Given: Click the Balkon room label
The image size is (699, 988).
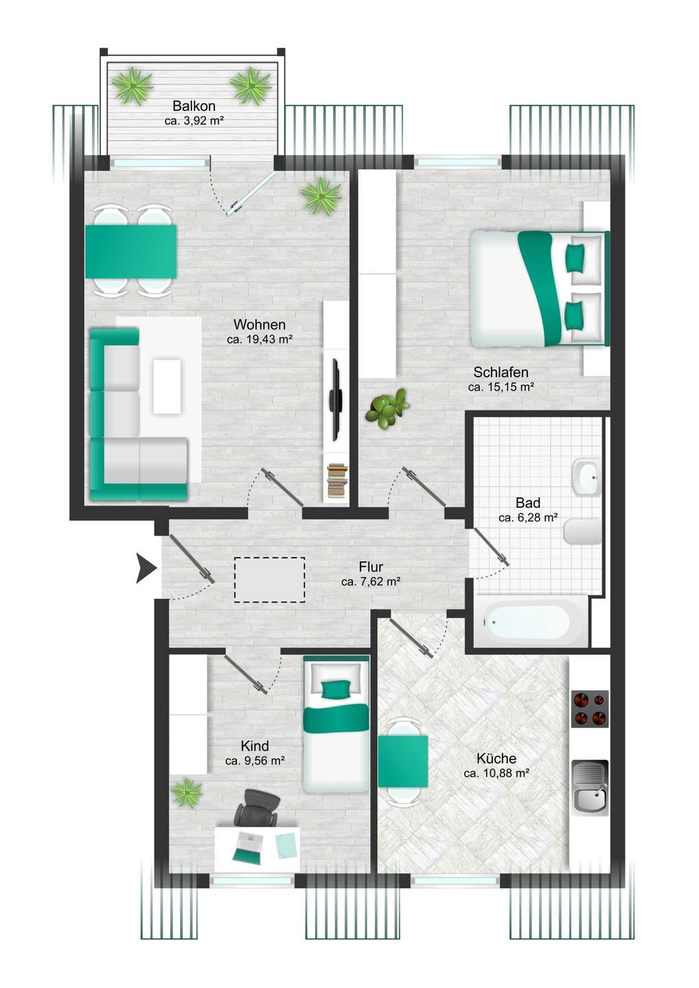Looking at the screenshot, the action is click(194, 106).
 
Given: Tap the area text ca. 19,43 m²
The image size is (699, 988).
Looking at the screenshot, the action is click(260, 339).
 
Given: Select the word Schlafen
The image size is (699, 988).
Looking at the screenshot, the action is click(501, 373).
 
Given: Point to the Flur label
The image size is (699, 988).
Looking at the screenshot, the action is click(371, 566).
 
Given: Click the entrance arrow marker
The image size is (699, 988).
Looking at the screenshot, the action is click(146, 569).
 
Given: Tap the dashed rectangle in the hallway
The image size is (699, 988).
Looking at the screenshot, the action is click(269, 580).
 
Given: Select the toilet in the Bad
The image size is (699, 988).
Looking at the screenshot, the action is click(582, 532).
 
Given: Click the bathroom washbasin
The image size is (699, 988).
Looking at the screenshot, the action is click(586, 478).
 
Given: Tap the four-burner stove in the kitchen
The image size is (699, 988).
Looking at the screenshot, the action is click(590, 709).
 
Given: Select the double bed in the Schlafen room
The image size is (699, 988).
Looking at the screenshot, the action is click(540, 289).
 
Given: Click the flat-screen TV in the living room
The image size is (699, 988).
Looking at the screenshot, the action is click(336, 400).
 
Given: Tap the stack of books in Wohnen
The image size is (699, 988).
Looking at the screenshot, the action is click(337, 481).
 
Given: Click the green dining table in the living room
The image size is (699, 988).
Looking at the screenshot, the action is click(130, 251).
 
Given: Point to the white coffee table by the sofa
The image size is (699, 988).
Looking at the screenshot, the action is click(167, 386).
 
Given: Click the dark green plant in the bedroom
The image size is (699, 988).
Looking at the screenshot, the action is click(387, 408).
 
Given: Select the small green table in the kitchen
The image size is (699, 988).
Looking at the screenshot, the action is click(403, 761).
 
